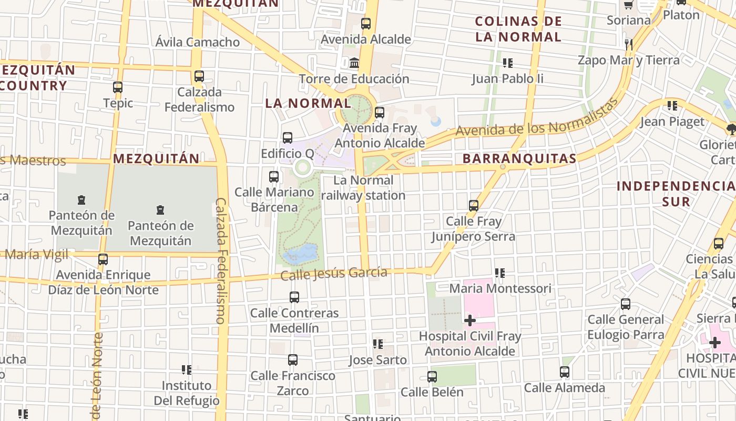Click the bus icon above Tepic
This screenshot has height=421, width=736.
(x=118, y=87)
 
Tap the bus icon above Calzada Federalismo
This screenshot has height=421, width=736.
(x=199, y=76)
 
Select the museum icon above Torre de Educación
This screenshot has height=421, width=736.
(x=354, y=63)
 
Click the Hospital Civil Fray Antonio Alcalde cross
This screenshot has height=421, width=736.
(x=470, y=320)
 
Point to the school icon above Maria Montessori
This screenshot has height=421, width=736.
(x=499, y=273)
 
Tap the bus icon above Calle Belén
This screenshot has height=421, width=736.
(x=432, y=377)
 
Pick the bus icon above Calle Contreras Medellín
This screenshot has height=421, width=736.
(x=294, y=297)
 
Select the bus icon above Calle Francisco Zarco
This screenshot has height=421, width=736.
(x=293, y=360)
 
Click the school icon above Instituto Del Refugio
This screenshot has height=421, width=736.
(x=186, y=370)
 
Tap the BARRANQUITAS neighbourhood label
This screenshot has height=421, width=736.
(x=519, y=158)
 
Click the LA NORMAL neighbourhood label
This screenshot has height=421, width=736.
(x=308, y=103)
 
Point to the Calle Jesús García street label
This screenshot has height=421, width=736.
(x=334, y=274)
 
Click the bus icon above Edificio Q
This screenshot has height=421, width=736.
(x=288, y=138)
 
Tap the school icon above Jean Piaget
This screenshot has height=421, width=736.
(x=672, y=106)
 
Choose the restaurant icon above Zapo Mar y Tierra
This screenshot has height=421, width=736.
(x=628, y=44)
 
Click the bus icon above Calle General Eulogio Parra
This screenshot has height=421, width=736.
(x=625, y=304)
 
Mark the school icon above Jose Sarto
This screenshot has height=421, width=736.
(x=377, y=344)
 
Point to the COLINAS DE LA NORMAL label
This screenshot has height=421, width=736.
(x=518, y=29)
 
